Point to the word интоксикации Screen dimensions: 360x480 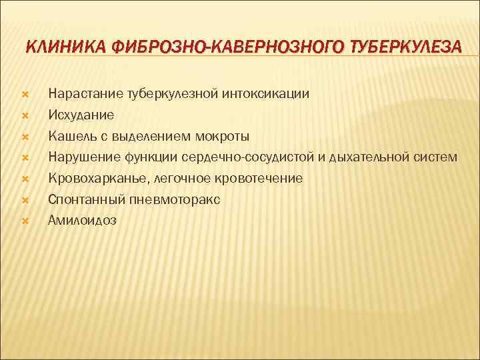[x=268, y=94]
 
